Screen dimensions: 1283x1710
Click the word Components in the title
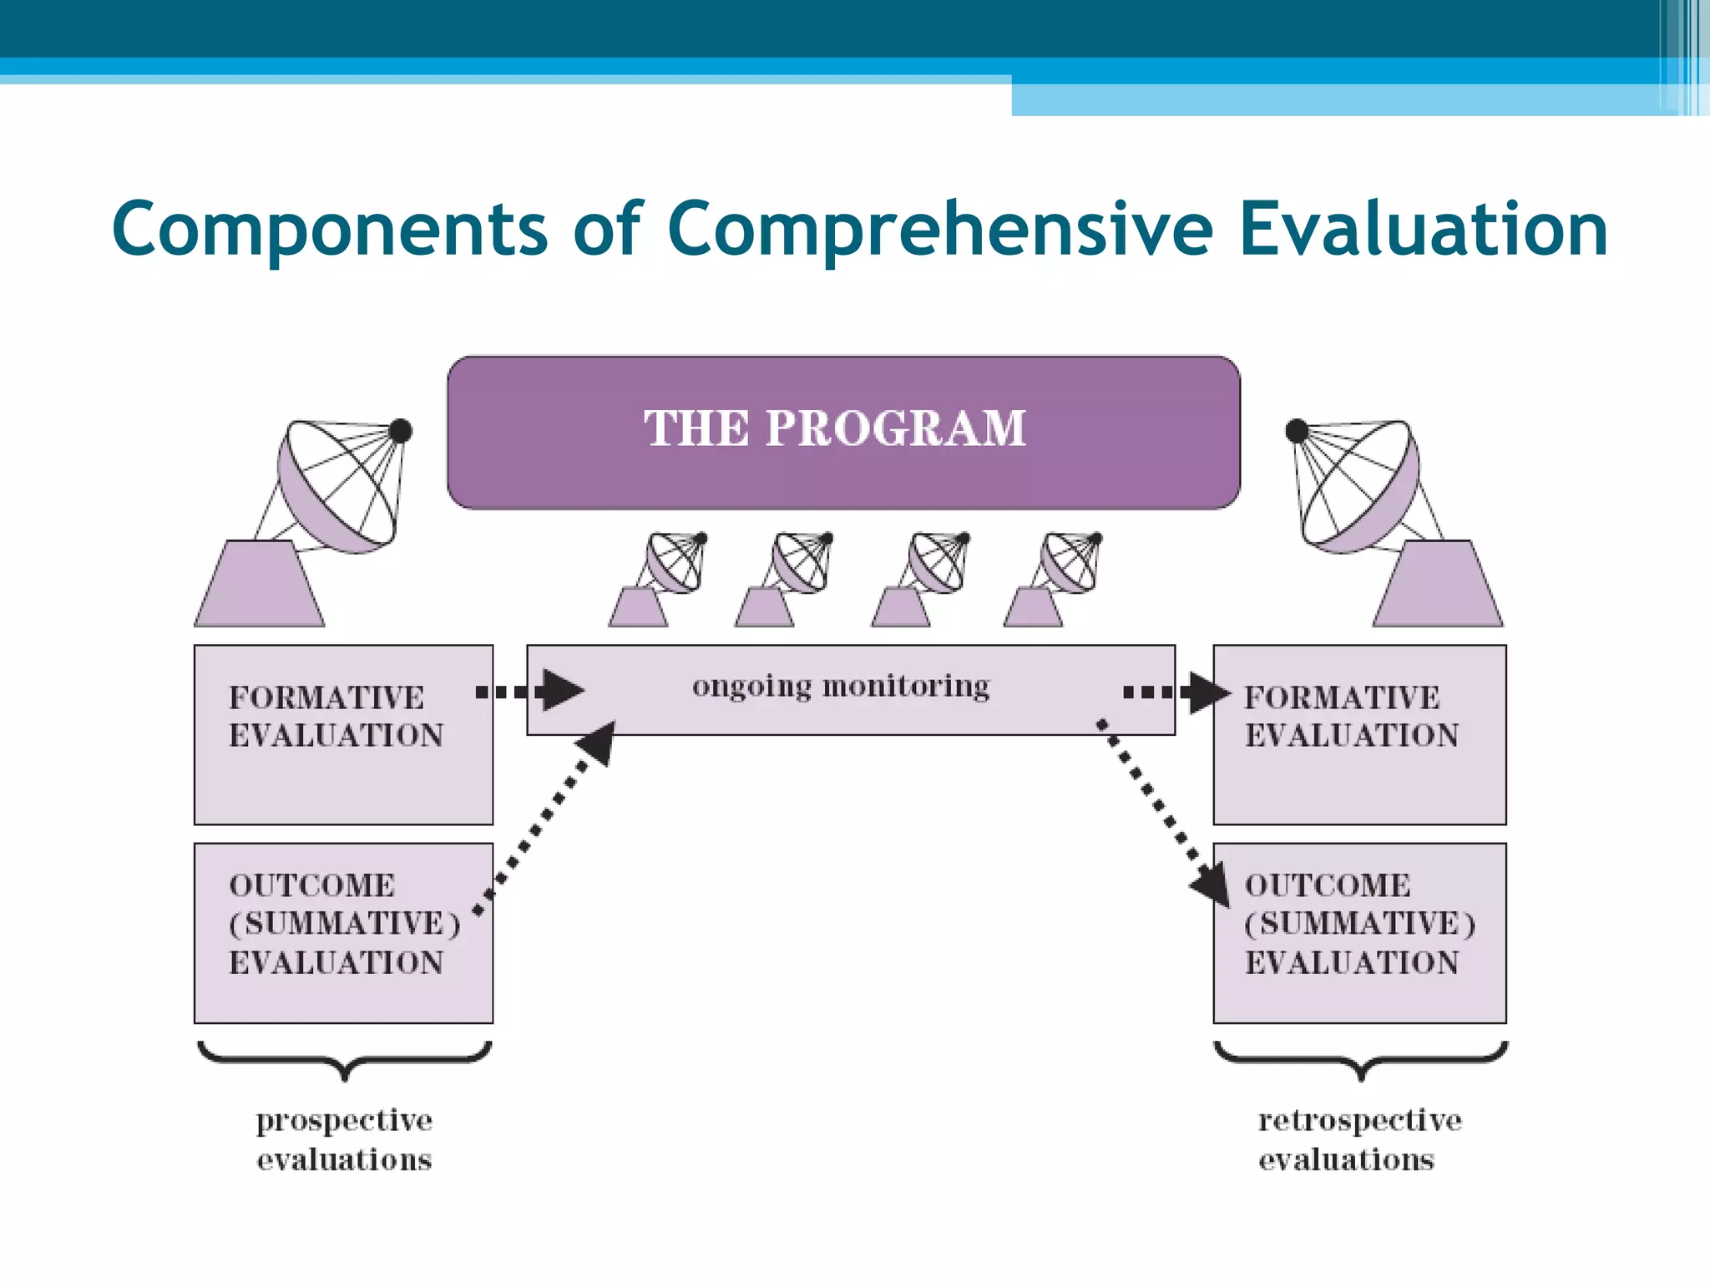point(330,230)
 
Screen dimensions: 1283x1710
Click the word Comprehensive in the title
point(939,230)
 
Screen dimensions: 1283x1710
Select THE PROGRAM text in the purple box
point(835,429)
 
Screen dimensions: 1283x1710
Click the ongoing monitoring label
point(841,687)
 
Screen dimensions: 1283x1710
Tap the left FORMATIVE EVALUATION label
point(336,717)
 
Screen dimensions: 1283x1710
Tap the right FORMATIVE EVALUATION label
point(1351,717)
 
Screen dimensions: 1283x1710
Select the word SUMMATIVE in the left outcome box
point(346,924)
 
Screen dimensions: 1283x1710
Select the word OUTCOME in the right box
point(1328,885)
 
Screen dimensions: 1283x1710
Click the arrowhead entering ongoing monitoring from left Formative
point(561,691)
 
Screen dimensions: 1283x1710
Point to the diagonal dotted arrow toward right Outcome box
point(1161,810)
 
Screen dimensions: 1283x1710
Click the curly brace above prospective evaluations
point(344,1059)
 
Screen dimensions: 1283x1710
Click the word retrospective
point(1360,1121)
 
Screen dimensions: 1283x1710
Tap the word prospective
point(344,1121)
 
